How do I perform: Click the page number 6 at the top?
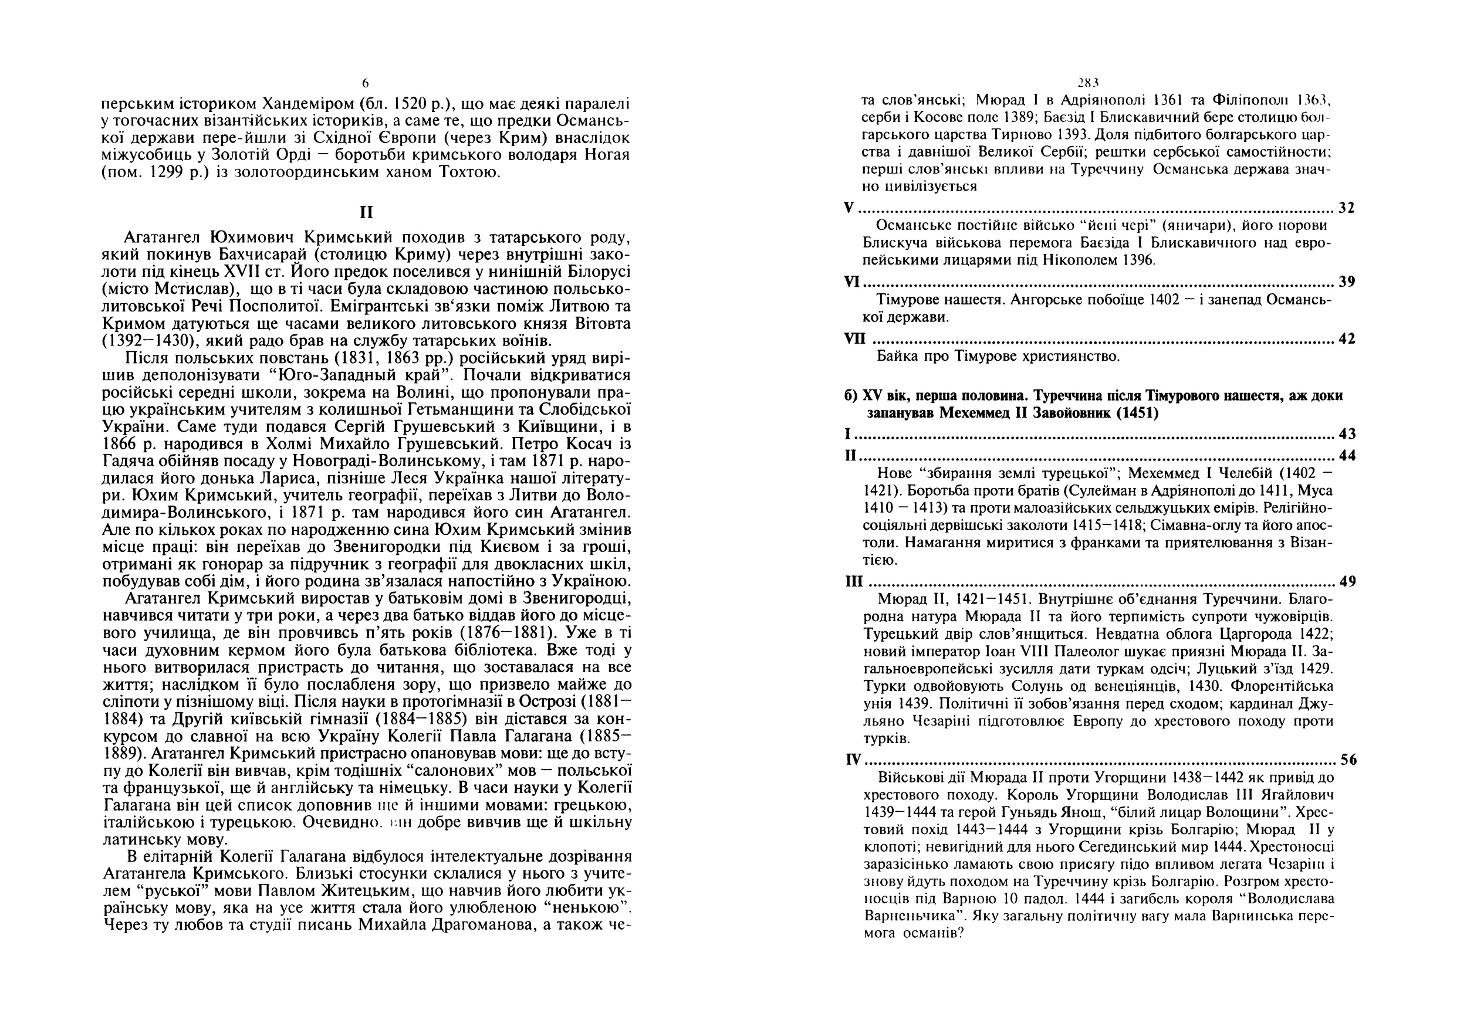point(366,83)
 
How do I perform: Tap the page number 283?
point(1087,82)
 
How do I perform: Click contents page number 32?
point(1346,208)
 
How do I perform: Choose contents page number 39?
point(1346,282)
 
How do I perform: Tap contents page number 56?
point(1348,760)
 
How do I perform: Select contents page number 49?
point(1347,581)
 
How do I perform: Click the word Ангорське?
point(1049,300)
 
